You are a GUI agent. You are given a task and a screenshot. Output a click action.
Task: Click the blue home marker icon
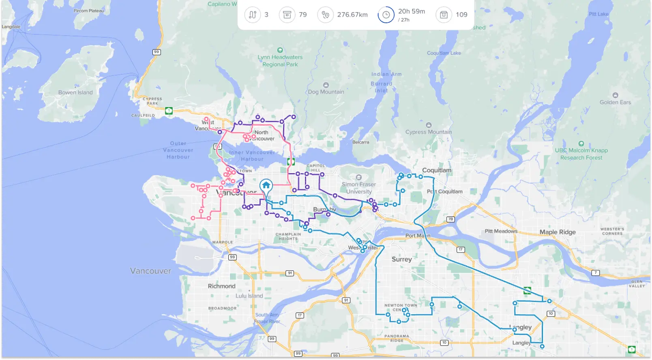pyautogui.click(x=266, y=186)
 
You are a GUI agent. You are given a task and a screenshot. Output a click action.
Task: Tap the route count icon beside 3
pyautogui.click(x=252, y=15)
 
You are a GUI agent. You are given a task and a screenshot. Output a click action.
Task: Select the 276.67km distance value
pyautogui.click(x=352, y=15)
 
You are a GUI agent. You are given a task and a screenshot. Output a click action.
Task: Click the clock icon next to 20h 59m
pyautogui.click(x=386, y=15)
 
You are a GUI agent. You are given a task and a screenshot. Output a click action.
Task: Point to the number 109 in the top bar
pyautogui.click(x=461, y=15)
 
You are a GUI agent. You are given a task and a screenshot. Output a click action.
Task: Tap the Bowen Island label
pyautogui.click(x=75, y=92)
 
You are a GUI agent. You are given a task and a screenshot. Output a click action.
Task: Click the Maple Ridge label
pyautogui.click(x=558, y=232)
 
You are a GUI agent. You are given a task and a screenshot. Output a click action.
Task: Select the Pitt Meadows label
pyautogui.click(x=501, y=231)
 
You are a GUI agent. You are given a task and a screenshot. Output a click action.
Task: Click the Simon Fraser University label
pyautogui.click(x=359, y=188)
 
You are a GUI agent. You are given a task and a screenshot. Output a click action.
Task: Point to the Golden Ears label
pyautogui.click(x=615, y=102)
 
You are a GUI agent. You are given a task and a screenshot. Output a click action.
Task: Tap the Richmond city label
pyautogui.click(x=221, y=286)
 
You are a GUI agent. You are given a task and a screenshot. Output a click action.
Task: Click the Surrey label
pyautogui.click(x=401, y=259)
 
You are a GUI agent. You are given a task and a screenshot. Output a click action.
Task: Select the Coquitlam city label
pyautogui.click(x=437, y=170)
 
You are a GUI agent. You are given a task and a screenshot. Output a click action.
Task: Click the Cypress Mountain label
pyautogui.click(x=429, y=132)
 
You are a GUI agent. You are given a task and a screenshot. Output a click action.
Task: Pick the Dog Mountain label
pyautogui.click(x=326, y=92)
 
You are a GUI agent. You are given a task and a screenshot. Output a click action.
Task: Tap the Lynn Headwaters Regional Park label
pyautogui.click(x=280, y=61)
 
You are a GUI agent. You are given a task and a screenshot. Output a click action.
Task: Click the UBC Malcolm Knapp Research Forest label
pyautogui.click(x=581, y=154)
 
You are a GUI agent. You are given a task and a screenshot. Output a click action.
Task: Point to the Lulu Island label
pyautogui.click(x=249, y=296)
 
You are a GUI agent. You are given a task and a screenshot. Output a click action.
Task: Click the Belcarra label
pyautogui.click(x=360, y=142)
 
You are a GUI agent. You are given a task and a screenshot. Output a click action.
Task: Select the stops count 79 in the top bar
pyautogui.click(x=302, y=15)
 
